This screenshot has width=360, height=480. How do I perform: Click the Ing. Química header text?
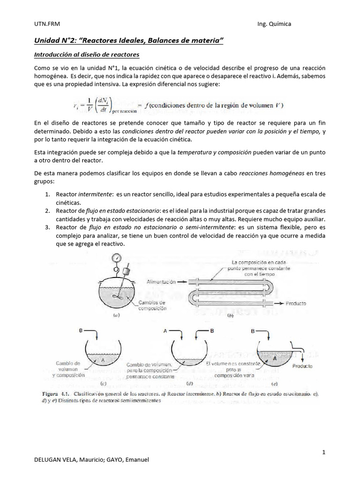274,24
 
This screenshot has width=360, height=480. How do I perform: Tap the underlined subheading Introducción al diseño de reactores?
87,55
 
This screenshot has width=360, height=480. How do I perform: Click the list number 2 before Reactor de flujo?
48,211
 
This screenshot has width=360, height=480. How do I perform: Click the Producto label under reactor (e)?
302,366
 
